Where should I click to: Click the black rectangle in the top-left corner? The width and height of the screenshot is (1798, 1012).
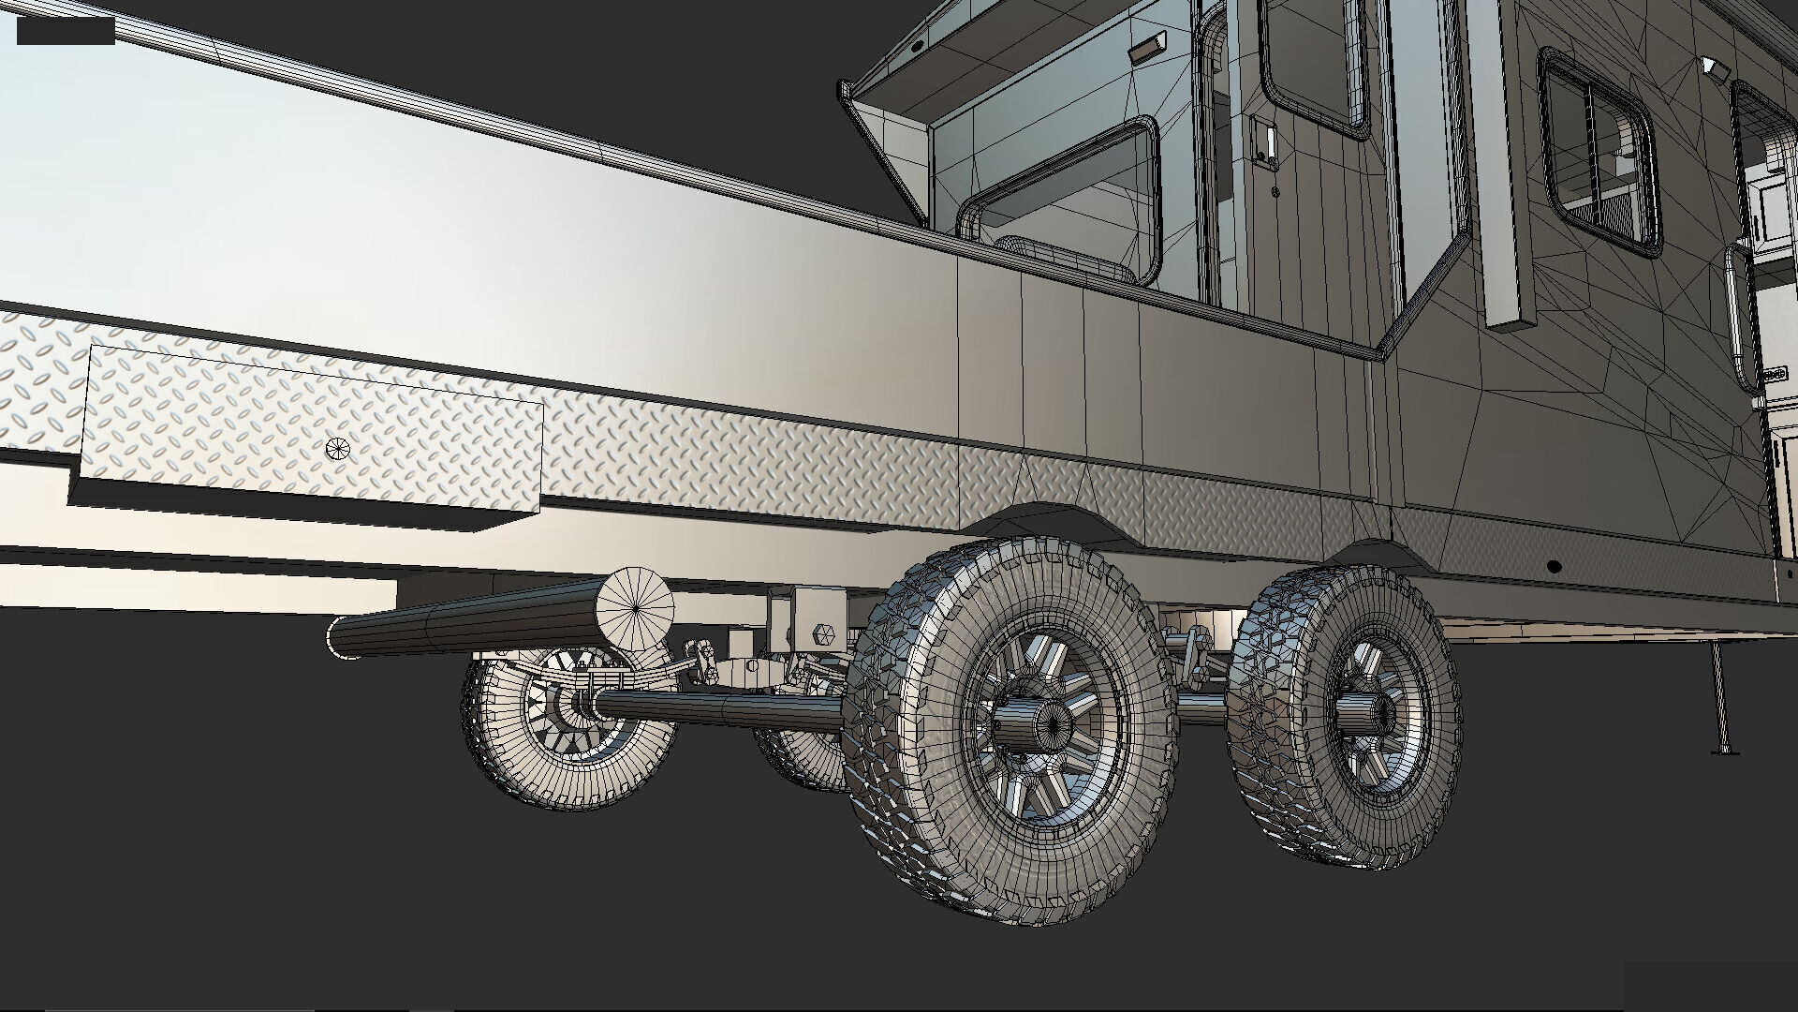[x=66, y=30]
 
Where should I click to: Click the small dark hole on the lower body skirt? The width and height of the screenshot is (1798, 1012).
[x=1554, y=567]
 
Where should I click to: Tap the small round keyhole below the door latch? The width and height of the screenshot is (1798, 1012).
[x=1276, y=192]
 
